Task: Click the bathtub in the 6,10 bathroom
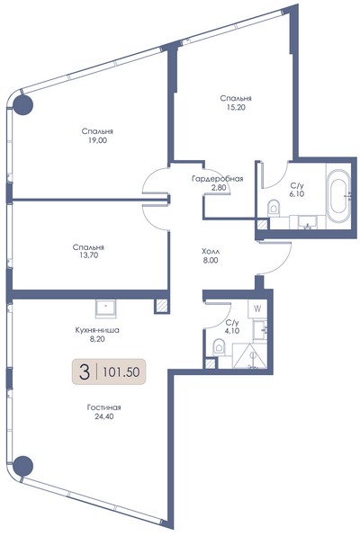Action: [339, 197]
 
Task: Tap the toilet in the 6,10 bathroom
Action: [274, 208]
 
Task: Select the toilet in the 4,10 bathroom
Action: [219, 347]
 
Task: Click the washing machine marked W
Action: [257, 309]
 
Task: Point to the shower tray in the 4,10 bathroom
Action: [249, 355]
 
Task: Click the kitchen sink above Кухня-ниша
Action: [105, 308]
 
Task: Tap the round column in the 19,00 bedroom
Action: [22, 104]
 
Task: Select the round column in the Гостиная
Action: [22, 465]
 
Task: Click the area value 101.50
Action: [121, 371]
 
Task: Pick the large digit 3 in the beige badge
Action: [85, 372]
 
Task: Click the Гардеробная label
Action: [217, 179]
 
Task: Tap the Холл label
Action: [211, 251]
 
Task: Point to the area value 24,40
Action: [104, 416]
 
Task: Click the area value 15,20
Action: [236, 107]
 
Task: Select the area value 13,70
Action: [89, 255]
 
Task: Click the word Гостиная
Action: [104, 407]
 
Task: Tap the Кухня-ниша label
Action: [97, 330]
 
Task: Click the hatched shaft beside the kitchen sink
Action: [161, 306]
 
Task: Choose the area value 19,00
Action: [97, 139]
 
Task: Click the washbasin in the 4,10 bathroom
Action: [260, 329]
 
